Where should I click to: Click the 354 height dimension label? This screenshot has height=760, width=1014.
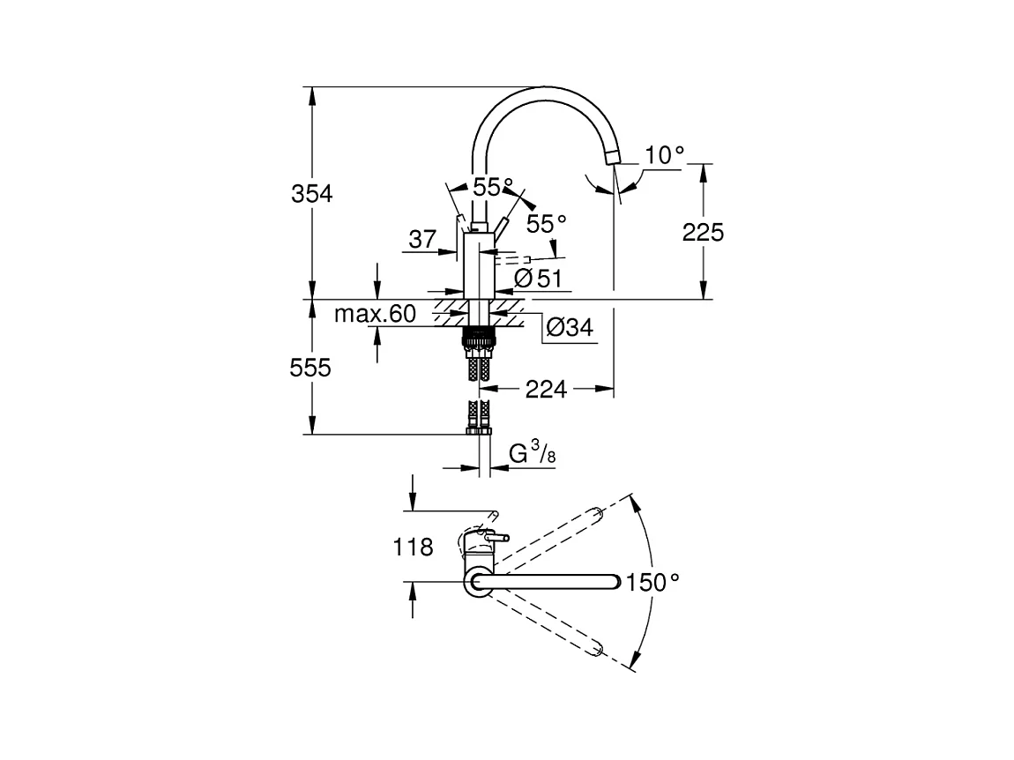[312, 193]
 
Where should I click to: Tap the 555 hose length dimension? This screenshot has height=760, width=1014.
[310, 368]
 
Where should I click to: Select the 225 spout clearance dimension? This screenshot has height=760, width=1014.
[703, 232]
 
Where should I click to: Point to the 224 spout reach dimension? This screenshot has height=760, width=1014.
[546, 390]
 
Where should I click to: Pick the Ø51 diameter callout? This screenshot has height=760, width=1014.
[538, 278]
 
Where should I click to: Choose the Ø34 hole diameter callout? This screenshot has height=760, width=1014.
[570, 327]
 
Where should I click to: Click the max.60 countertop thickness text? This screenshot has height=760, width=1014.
[375, 315]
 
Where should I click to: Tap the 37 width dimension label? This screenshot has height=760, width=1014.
[423, 239]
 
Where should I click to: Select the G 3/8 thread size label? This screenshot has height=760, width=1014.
[533, 453]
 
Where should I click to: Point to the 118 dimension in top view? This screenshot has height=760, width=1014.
[414, 548]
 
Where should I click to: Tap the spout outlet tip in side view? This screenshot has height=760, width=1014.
[613, 157]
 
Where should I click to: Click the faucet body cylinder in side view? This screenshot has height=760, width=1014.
[479, 265]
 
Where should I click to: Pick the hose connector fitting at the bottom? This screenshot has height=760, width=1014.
[479, 430]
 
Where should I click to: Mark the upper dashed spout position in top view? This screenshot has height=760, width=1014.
[549, 537]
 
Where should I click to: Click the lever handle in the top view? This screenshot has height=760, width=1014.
[496, 537]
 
